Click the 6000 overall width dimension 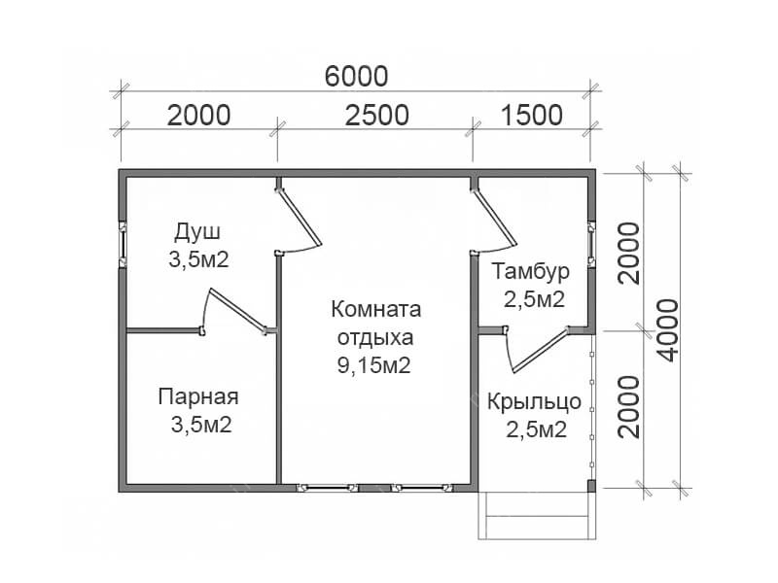[356, 77]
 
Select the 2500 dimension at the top [377, 115]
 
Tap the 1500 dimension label [532, 115]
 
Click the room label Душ [197, 232]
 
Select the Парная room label [198, 396]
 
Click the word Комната [376, 309]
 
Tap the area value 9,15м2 [374, 366]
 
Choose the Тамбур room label [530, 272]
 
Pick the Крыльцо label [534, 401]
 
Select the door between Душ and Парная [233, 311]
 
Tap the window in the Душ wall [123, 244]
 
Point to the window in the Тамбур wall [591, 244]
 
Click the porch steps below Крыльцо [537, 516]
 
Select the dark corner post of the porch [591, 486]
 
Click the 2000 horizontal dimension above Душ [198, 115]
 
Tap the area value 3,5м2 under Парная [201, 425]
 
